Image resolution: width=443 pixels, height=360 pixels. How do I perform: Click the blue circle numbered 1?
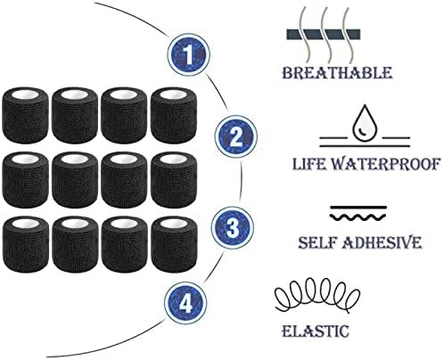(189, 55)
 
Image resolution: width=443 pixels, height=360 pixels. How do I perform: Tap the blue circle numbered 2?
(236, 137)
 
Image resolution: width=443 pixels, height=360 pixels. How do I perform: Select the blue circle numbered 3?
(233, 228)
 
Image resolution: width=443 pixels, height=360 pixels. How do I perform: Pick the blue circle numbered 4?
(185, 304)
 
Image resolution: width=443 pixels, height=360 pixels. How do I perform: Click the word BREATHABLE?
(337, 73)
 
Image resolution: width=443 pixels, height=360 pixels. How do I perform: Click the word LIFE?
(308, 164)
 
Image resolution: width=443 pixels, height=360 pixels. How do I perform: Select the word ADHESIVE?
(381, 242)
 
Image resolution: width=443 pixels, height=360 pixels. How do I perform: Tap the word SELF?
(316, 242)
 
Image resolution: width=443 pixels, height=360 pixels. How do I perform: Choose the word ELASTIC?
(316, 331)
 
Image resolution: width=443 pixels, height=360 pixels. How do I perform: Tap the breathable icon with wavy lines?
(324, 34)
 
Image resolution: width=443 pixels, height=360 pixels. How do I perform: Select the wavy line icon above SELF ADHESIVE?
(358, 214)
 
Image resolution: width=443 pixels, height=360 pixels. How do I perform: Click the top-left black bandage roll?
(25, 114)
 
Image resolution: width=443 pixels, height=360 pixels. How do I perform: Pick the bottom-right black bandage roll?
(174, 244)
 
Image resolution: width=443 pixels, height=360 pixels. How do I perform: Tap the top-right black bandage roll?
(174, 115)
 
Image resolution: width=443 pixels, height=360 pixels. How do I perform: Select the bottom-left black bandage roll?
(26, 244)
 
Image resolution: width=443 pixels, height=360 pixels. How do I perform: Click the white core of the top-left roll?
(25, 94)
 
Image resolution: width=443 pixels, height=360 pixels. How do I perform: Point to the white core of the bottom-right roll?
(175, 225)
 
